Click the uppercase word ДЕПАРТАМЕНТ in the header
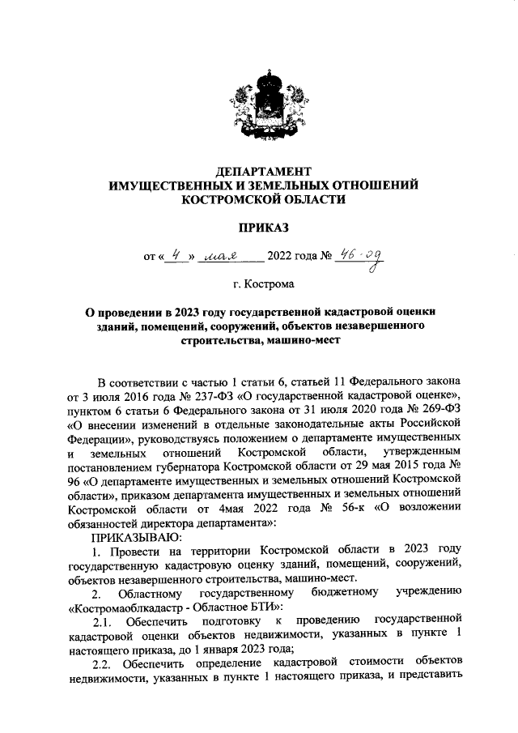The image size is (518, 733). (x=264, y=172)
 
